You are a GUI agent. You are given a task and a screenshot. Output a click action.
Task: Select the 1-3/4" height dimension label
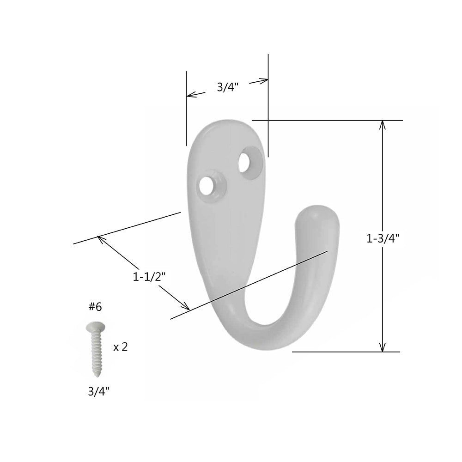[x=383, y=238]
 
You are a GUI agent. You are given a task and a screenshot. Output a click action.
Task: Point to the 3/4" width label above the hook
[x=227, y=87]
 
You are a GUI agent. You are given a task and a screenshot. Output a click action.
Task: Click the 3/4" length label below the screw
[x=99, y=391]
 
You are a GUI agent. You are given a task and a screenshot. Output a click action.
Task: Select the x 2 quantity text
[x=120, y=347]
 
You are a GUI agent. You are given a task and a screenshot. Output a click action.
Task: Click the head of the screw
[x=95, y=328]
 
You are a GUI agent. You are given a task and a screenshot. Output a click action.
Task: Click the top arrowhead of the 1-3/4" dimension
[x=383, y=124]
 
